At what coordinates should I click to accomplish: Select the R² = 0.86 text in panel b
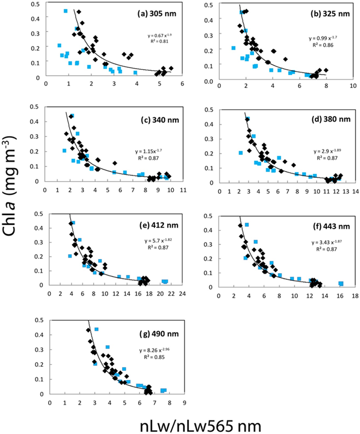click(320, 44)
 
